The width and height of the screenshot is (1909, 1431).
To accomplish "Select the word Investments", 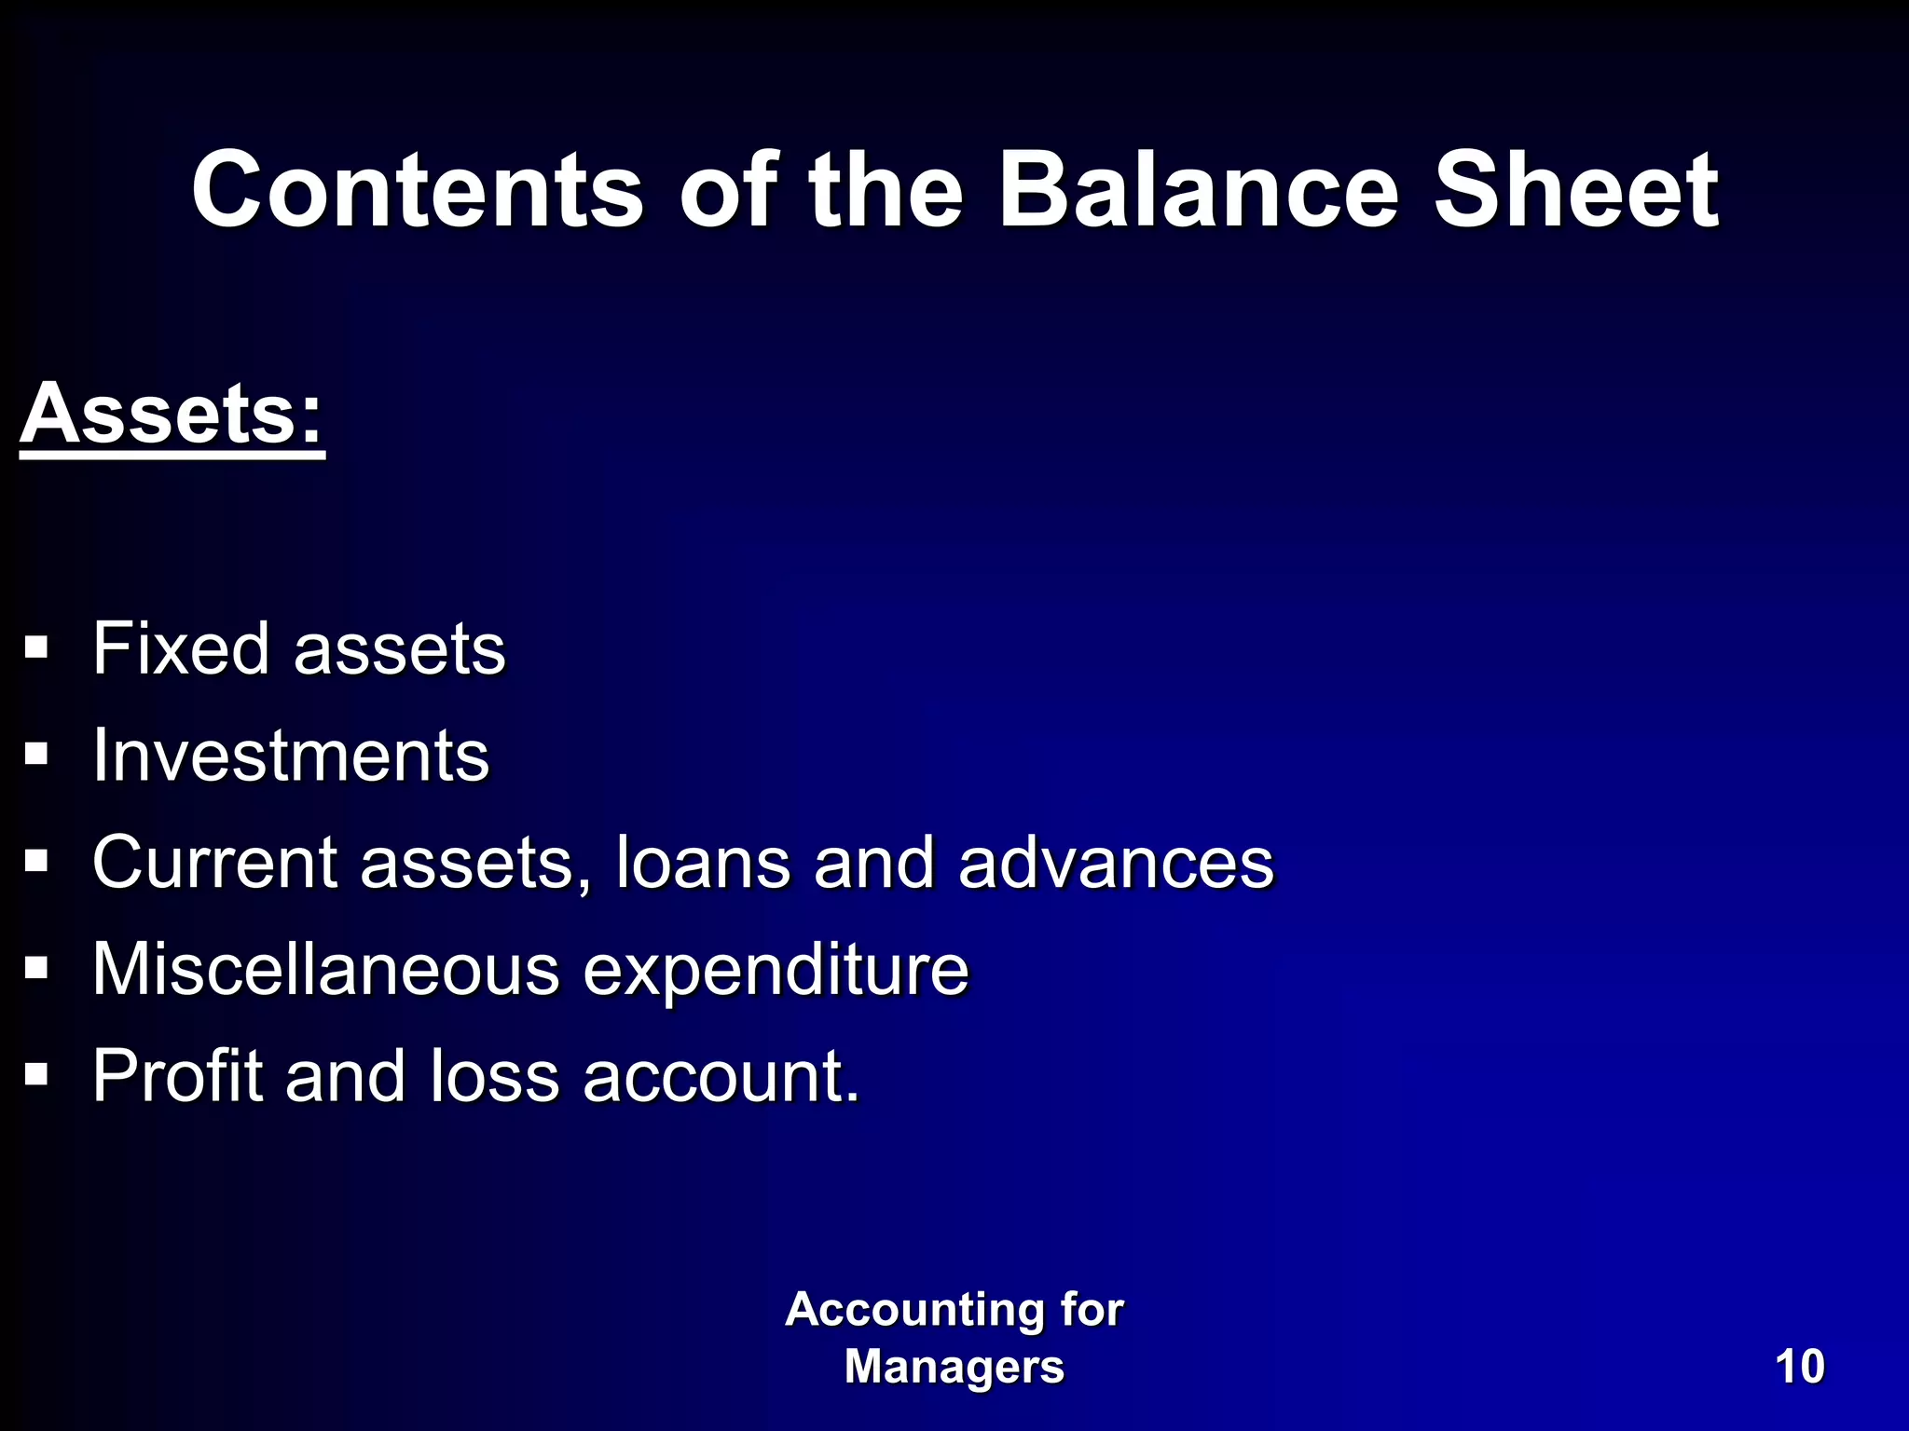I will coord(291,756).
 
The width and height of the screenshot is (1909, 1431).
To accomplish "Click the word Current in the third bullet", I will coord(214,863).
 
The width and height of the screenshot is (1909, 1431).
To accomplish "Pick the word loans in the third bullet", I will coord(703,863).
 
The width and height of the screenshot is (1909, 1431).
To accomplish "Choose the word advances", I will coord(1116,863).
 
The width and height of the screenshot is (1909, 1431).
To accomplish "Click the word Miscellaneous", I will coord(325,970).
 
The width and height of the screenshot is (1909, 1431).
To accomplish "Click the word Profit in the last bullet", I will coord(177,1077).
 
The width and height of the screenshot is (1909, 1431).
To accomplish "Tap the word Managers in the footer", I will coord(954,1368).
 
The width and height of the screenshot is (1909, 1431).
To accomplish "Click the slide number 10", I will coord(1799,1368).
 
